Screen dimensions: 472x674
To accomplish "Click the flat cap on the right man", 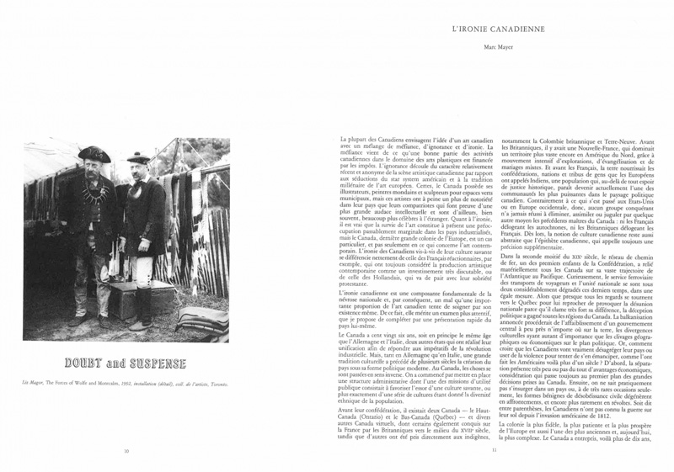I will click(x=138, y=157).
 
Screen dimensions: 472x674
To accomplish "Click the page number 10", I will click(x=126, y=451).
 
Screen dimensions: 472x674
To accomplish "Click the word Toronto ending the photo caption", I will click(x=219, y=381).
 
